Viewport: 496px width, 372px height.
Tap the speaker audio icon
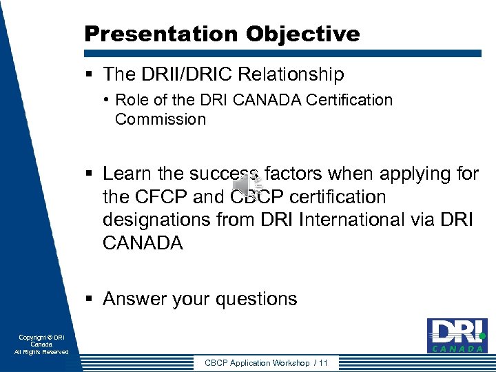pyautogui.click(x=248, y=185)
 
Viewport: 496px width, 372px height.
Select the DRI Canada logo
pyautogui.click(x=456, y=335)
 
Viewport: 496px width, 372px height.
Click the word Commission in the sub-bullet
pyautogui.click(x=161, y=119)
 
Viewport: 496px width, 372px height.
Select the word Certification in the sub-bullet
pyautogui.click(x=349, y=100)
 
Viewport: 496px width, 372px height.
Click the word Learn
pyautogui.click(x=127, y=174)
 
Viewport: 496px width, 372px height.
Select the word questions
pyautogui.click(x=256, y=299)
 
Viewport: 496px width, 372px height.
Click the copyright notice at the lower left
pyautogui.click(x=41, y=344)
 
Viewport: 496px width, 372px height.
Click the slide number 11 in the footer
pyautogui.click(x=323, y=363)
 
